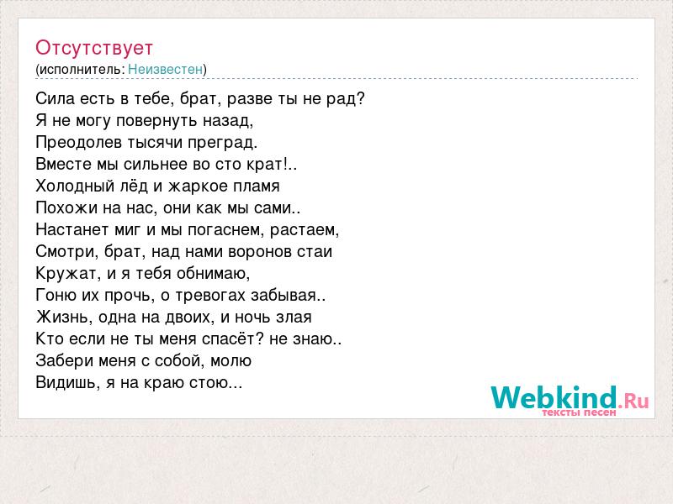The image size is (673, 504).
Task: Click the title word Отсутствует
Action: (x=94, y=48)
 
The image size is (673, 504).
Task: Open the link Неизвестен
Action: (x=165, y=70)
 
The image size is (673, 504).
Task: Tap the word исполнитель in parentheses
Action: (x=82, y=70)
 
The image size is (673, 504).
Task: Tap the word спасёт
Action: (x=232, y=339)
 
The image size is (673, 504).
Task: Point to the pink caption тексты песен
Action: (x=579, y=412)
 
